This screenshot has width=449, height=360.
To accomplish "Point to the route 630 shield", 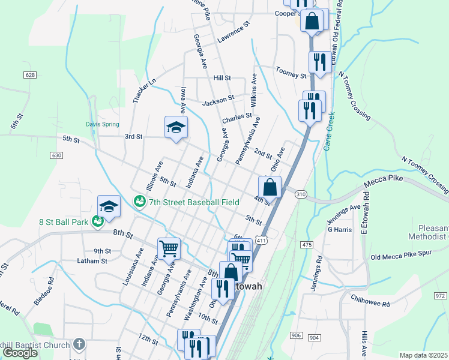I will [x=57, y=155].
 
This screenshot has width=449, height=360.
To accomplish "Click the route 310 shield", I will [x=301, y=194].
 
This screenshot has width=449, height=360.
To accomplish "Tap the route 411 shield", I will [x=261, y=240].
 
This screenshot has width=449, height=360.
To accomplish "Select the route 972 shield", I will [x=441, y=295].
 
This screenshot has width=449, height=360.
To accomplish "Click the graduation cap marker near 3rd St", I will [x=176, y=127].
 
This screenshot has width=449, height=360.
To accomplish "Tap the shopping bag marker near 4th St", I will [x=270, y=187].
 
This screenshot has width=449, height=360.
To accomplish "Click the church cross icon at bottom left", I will [x=79, y=344].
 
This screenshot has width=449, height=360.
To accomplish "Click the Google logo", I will [x=20, y=353].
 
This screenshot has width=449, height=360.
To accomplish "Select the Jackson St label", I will [x=217, y=100].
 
